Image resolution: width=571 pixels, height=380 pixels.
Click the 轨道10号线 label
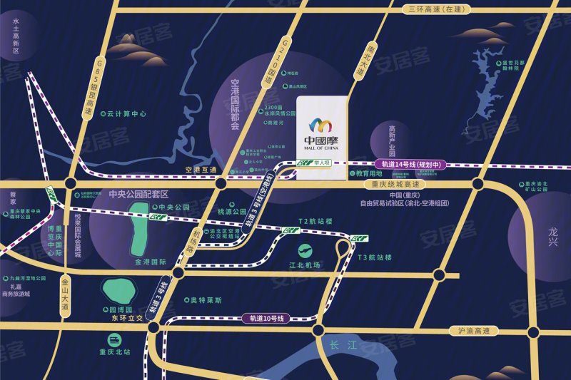point(268,317)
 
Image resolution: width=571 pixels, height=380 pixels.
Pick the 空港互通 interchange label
point(200,170)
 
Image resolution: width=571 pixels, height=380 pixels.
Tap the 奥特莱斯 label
point(206,300)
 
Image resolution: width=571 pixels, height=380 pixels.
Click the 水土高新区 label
point(15,36)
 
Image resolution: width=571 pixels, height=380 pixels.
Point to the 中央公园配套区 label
point(138,194)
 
